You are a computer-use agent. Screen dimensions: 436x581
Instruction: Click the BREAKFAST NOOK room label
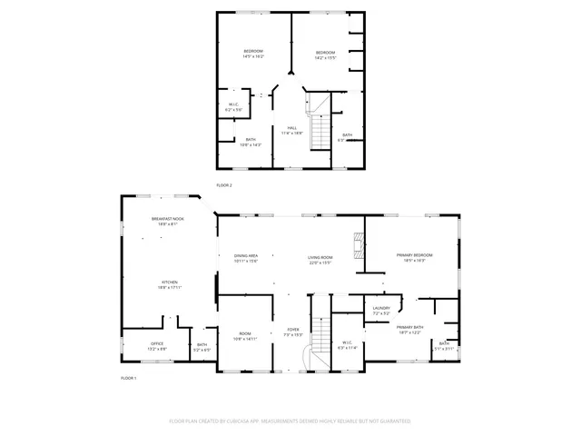tap(168, 218)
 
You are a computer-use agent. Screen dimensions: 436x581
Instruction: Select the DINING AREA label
tap(246, 257)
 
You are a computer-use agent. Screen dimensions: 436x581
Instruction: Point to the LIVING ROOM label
tap(320, 257)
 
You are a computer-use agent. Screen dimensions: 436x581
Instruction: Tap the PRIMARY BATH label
tap(409, 327)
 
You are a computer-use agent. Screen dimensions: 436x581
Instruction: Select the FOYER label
tap(293, 329)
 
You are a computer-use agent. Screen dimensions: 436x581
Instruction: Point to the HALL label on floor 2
tap(292, 127)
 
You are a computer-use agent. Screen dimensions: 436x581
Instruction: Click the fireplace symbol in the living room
tap(360, 246)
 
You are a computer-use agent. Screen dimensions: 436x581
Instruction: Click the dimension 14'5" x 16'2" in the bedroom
tap(252, 56)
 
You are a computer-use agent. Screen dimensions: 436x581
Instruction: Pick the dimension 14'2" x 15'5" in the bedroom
tap(325, 59)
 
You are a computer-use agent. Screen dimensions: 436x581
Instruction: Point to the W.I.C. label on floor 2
tap(233, 104)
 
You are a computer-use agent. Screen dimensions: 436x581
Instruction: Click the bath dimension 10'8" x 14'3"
tap(251, 144)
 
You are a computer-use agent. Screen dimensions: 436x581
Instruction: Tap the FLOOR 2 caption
tap(224, 184)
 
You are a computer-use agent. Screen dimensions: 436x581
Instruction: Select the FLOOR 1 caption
tap(128, 377)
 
